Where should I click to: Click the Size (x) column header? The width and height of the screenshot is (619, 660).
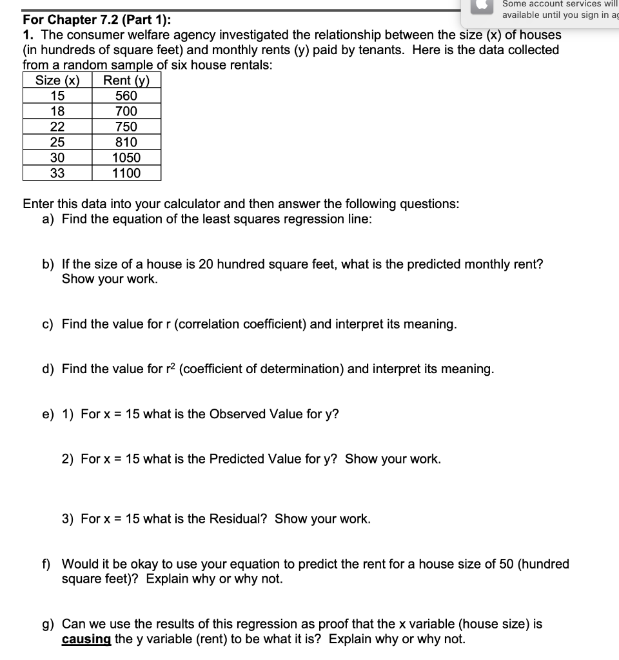[57, 81]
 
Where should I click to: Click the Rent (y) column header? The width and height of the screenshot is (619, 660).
[126, 81]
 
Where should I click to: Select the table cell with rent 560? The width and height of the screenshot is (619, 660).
[126, 96]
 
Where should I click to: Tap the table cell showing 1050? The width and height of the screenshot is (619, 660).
[126, 158]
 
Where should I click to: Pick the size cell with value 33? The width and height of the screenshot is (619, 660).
[57, 173]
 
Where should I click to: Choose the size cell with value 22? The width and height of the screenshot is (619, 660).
[57, 127]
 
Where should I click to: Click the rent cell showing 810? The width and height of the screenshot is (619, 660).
[126, 142]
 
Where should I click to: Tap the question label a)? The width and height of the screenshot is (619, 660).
[48, 219]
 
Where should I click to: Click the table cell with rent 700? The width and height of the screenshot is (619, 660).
[126, 112]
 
